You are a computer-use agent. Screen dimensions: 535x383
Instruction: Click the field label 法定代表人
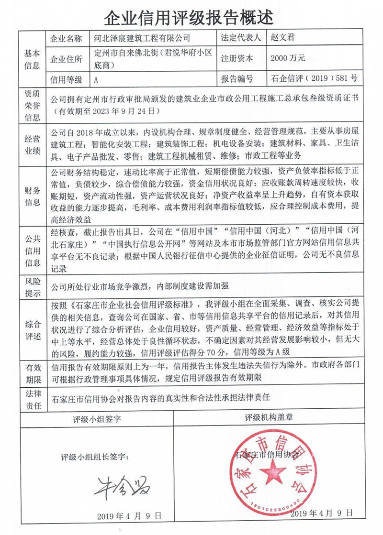tap(240, 38)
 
